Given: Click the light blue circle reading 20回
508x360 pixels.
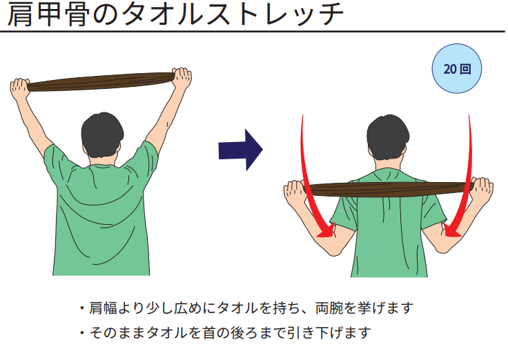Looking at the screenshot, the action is pos(457,69).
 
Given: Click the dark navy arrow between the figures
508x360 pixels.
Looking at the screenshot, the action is pos(240,150).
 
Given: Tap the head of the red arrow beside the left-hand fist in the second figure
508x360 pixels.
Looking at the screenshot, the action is pos(326,231).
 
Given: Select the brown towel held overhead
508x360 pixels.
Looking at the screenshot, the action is pos(101,81).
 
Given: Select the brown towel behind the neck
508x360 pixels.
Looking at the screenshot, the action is pos(389,189).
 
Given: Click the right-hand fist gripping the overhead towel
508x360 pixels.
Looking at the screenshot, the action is pos(182,78).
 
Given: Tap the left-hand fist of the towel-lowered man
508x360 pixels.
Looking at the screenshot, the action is pos(294,192).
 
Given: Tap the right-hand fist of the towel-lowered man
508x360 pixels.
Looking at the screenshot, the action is pos(482,190).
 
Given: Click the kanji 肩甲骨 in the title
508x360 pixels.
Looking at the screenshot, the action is pos(48,14).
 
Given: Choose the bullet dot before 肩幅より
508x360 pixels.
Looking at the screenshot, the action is pos(82,308).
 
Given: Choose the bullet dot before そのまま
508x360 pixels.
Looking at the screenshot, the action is pos(82,332).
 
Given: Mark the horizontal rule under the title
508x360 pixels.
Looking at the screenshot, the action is pos(253,32).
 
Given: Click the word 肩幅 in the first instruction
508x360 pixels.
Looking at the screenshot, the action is pos(103,308).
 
